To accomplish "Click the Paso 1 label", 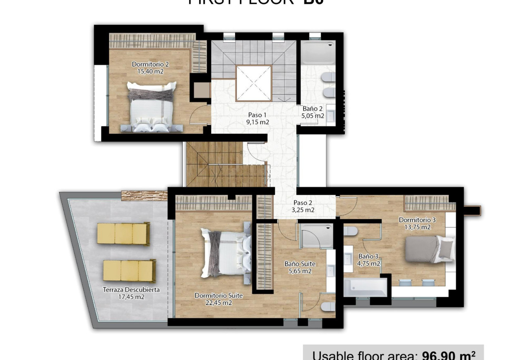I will pos(257,115).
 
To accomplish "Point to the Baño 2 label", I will pos(313,109).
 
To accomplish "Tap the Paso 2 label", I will pos(303,203).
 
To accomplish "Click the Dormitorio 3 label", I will pos(417,220).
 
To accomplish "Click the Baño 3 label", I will pos(369,256).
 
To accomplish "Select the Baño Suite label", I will pos(300,264).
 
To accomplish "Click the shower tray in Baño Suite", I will pos(317,236).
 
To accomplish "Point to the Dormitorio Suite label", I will pos(219,295).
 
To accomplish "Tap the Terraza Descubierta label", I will pos(131,290).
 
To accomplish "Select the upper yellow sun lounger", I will pos(123,234).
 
